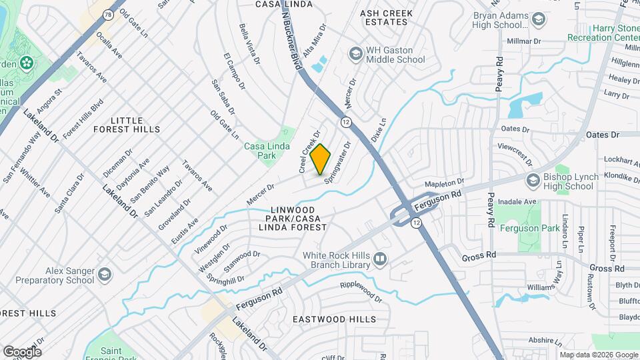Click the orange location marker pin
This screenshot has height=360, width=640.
321,159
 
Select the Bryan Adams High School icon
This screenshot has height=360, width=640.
538,19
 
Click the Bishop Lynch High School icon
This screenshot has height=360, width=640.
533,181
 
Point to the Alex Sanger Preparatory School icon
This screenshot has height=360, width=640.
105,275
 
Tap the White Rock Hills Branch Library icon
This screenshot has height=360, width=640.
379,258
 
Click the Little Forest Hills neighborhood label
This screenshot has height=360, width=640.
127,123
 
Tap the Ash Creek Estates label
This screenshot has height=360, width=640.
387,17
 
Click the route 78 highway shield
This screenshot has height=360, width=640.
107,13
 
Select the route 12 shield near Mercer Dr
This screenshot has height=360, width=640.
345,122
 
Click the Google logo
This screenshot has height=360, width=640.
22,351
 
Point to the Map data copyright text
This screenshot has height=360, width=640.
597,355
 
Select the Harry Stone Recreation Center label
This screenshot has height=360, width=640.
603,33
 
